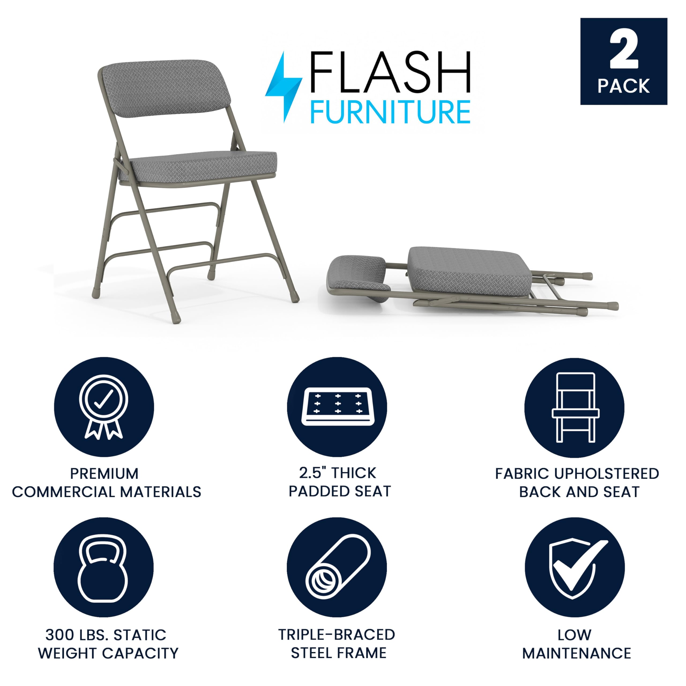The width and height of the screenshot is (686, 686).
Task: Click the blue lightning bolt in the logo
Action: [x=284, y=87]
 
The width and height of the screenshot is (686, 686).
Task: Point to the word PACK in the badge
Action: [x=624, y=86]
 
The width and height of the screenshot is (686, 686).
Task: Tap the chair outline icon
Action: [x=576, y=408]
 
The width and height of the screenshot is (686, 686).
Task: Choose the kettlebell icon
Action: [x=103, y=568]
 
